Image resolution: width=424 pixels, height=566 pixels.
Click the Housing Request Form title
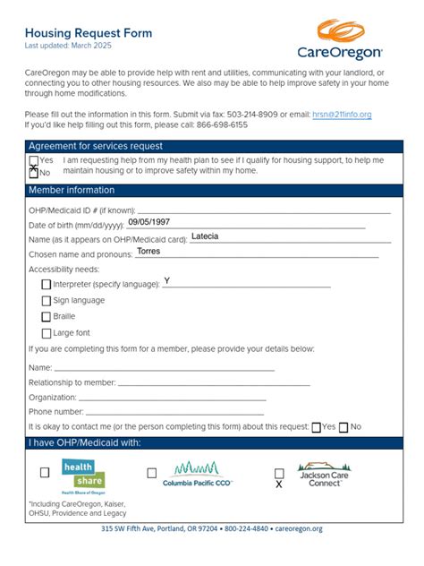click(89, 32)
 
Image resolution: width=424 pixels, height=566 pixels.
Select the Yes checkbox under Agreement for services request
click(34, 160)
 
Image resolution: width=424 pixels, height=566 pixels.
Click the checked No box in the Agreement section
click(34, 172)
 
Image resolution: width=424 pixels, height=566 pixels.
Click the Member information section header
click(72, 191)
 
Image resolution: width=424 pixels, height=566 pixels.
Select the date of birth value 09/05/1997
click(148, 221)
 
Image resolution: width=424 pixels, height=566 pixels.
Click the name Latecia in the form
click(205, 236)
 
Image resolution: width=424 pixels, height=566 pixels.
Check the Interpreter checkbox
click(47, 285)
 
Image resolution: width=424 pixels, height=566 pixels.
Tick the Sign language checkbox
click(47, 301)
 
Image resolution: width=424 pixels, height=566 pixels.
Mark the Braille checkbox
click(47, 317)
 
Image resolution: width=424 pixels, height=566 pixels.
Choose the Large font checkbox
click(47, 333)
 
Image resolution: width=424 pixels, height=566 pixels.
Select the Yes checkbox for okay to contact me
click(316, 427)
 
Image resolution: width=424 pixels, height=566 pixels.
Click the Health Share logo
click(82, 476)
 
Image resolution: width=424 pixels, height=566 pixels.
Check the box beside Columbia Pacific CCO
click(152, 473)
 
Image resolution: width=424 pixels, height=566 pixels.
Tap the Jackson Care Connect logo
click(325, 475)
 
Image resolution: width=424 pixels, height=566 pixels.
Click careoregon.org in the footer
click(299, 529)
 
